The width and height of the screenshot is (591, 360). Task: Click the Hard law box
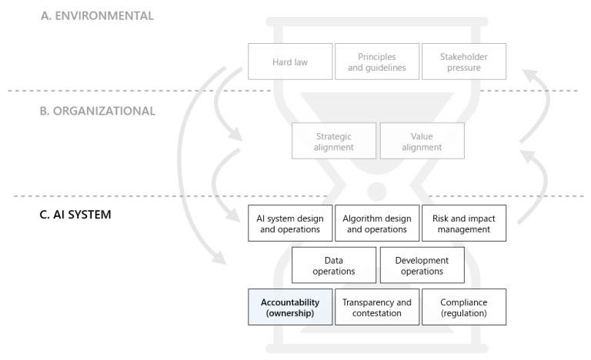[x=290, y=61]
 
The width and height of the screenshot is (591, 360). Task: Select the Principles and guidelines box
[x=377, y=61]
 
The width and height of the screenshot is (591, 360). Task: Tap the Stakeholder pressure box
[x=464, y=61]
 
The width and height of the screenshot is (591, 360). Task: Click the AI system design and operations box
[x=290, y=223]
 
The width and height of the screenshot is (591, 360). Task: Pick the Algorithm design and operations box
[x=377, y=223]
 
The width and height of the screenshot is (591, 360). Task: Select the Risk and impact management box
[x=464, y=223]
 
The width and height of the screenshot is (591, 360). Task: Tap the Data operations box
[x=334, y=265]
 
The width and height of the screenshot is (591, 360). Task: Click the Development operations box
[x=422, y=265]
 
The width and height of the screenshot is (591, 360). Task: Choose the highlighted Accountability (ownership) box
[x=290, y=308]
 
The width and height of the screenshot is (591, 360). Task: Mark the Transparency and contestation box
[x=377, y=308]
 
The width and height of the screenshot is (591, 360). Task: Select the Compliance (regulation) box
[x=464, y=308]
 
